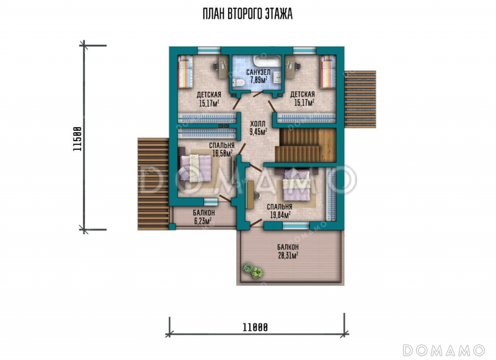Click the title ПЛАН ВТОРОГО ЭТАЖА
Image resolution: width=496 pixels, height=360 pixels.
point(247,14)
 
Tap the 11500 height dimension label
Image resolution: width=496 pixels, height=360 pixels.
point(77,139)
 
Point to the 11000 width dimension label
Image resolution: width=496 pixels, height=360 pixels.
point(255,327)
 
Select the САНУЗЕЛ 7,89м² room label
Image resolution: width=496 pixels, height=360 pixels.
point(258,76)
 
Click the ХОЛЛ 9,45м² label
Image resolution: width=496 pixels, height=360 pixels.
point(258,128)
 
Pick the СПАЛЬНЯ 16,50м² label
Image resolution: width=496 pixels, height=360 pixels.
point(221,149)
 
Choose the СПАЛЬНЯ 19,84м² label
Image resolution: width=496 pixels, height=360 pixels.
point(280,211)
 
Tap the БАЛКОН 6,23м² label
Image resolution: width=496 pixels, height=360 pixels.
point(204,217)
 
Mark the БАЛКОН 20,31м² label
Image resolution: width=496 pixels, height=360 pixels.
point(288,252)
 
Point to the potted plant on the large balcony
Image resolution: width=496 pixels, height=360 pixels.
point(253,271)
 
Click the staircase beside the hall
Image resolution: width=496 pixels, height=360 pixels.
point(305,145)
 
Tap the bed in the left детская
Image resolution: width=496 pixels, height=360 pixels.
point(185,72)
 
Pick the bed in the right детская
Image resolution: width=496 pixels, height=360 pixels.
point(328,72)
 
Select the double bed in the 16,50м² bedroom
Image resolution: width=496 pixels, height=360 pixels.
point(195,168)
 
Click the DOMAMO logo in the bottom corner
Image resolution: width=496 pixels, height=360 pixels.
point(443,350)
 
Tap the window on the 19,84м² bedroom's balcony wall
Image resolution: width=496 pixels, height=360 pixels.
point(296,226)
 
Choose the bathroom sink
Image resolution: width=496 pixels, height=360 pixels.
point(277,76)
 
